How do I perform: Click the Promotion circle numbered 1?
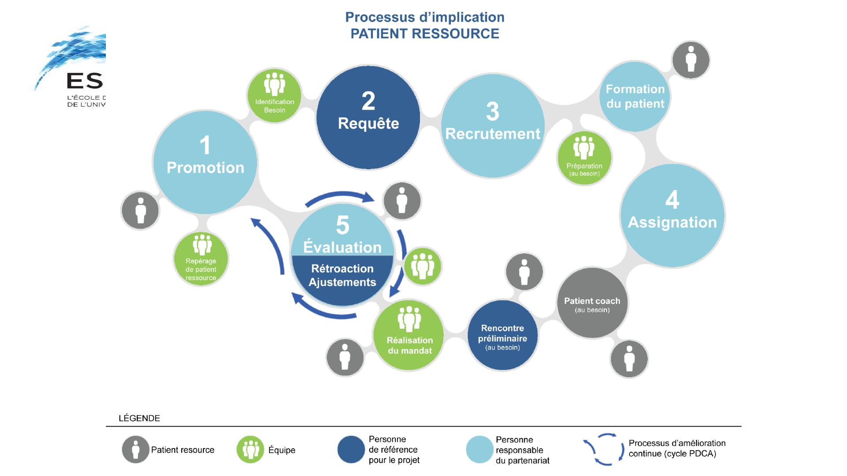tap(205, 162)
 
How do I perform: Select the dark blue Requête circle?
tap(368, 117)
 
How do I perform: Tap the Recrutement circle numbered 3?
tap(493, 126)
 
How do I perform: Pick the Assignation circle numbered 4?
tap(672, 216)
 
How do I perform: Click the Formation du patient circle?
tap(635, 97)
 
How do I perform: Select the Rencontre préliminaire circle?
tap(502, 336)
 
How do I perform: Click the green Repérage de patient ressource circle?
tap(201, 259)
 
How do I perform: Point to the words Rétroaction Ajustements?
tap(342, 275)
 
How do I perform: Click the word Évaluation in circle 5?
tap(342, 247)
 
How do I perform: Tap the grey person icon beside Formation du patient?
tap(691, 60)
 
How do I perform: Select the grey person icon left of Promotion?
tap(140, 211)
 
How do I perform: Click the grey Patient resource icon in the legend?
tap(135, 450)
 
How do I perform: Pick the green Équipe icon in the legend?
tap(251, 450)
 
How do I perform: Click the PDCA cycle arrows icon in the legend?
tap(604, 450)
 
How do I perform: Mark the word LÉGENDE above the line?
tap(139, 418)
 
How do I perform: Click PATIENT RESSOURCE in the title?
tap(425, 33)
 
